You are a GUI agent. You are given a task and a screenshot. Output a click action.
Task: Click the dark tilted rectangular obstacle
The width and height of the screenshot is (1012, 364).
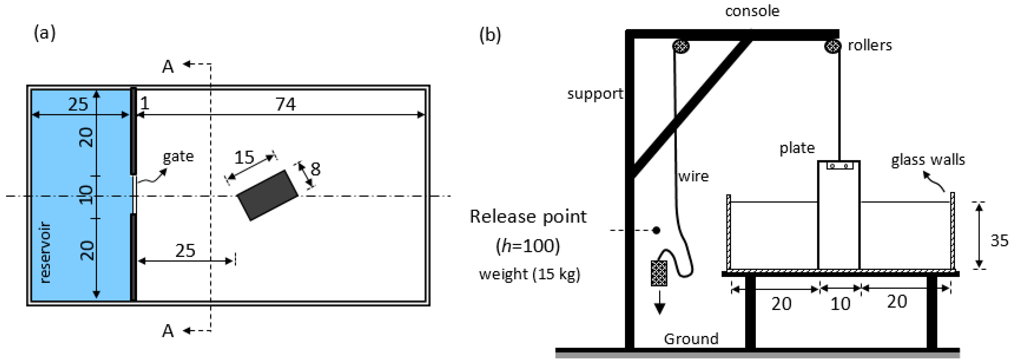click(x=267, y=195)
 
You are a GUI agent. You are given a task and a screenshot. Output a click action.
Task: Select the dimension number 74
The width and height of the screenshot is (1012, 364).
click(x=285, y=104)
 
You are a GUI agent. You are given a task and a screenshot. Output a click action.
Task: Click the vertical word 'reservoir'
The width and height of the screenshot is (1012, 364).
click(x=45, y=252)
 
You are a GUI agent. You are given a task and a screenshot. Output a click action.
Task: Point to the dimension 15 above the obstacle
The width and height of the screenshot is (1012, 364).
click(x=244, y=157)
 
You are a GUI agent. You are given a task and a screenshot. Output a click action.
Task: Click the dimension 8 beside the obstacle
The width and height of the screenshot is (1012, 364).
click(x=315, y=169)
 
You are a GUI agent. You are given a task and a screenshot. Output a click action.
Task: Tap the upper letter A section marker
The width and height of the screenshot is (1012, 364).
click(x=168, y=67)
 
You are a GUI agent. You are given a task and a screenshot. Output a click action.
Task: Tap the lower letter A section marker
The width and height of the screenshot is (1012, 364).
click(x=168, y=331)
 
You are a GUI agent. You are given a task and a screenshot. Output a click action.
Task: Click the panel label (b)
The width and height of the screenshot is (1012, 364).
click(x=490, y=35)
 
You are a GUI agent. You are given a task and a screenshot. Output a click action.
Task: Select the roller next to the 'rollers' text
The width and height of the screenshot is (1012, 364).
click(x=832, y=46)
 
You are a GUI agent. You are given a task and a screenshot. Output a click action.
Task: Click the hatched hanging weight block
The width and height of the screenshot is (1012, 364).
click(x=659, y=273)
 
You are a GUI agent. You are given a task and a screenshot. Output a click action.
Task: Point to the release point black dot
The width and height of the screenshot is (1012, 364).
click(x=656, y=230)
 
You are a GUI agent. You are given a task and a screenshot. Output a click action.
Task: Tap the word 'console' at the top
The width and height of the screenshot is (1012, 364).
click(x=752, y=11)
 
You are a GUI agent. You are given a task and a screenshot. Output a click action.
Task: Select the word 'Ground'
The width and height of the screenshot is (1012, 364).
click(x=691, y=338)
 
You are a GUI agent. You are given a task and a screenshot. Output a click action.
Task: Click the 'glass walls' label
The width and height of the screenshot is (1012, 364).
click(x=927, y=160)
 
